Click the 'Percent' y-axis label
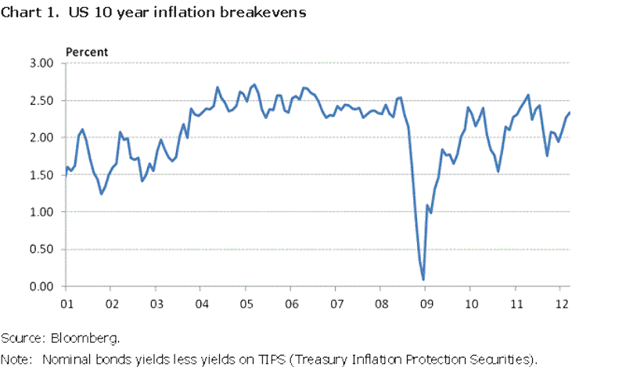click(x=86, y=52)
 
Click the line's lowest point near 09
click(x=423, y=279)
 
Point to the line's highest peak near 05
click(x=254, y=85)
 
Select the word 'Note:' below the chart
click(x=16, y=359)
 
